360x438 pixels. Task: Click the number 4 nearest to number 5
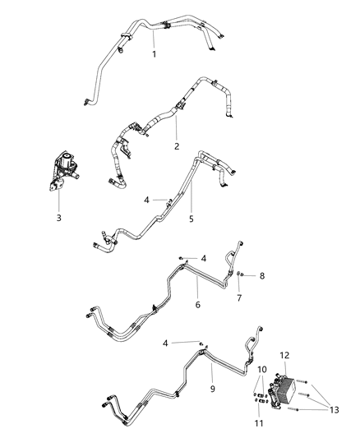pos(146,199)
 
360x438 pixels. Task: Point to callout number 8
pos(262,275)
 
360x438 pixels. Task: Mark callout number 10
pos(262,371)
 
